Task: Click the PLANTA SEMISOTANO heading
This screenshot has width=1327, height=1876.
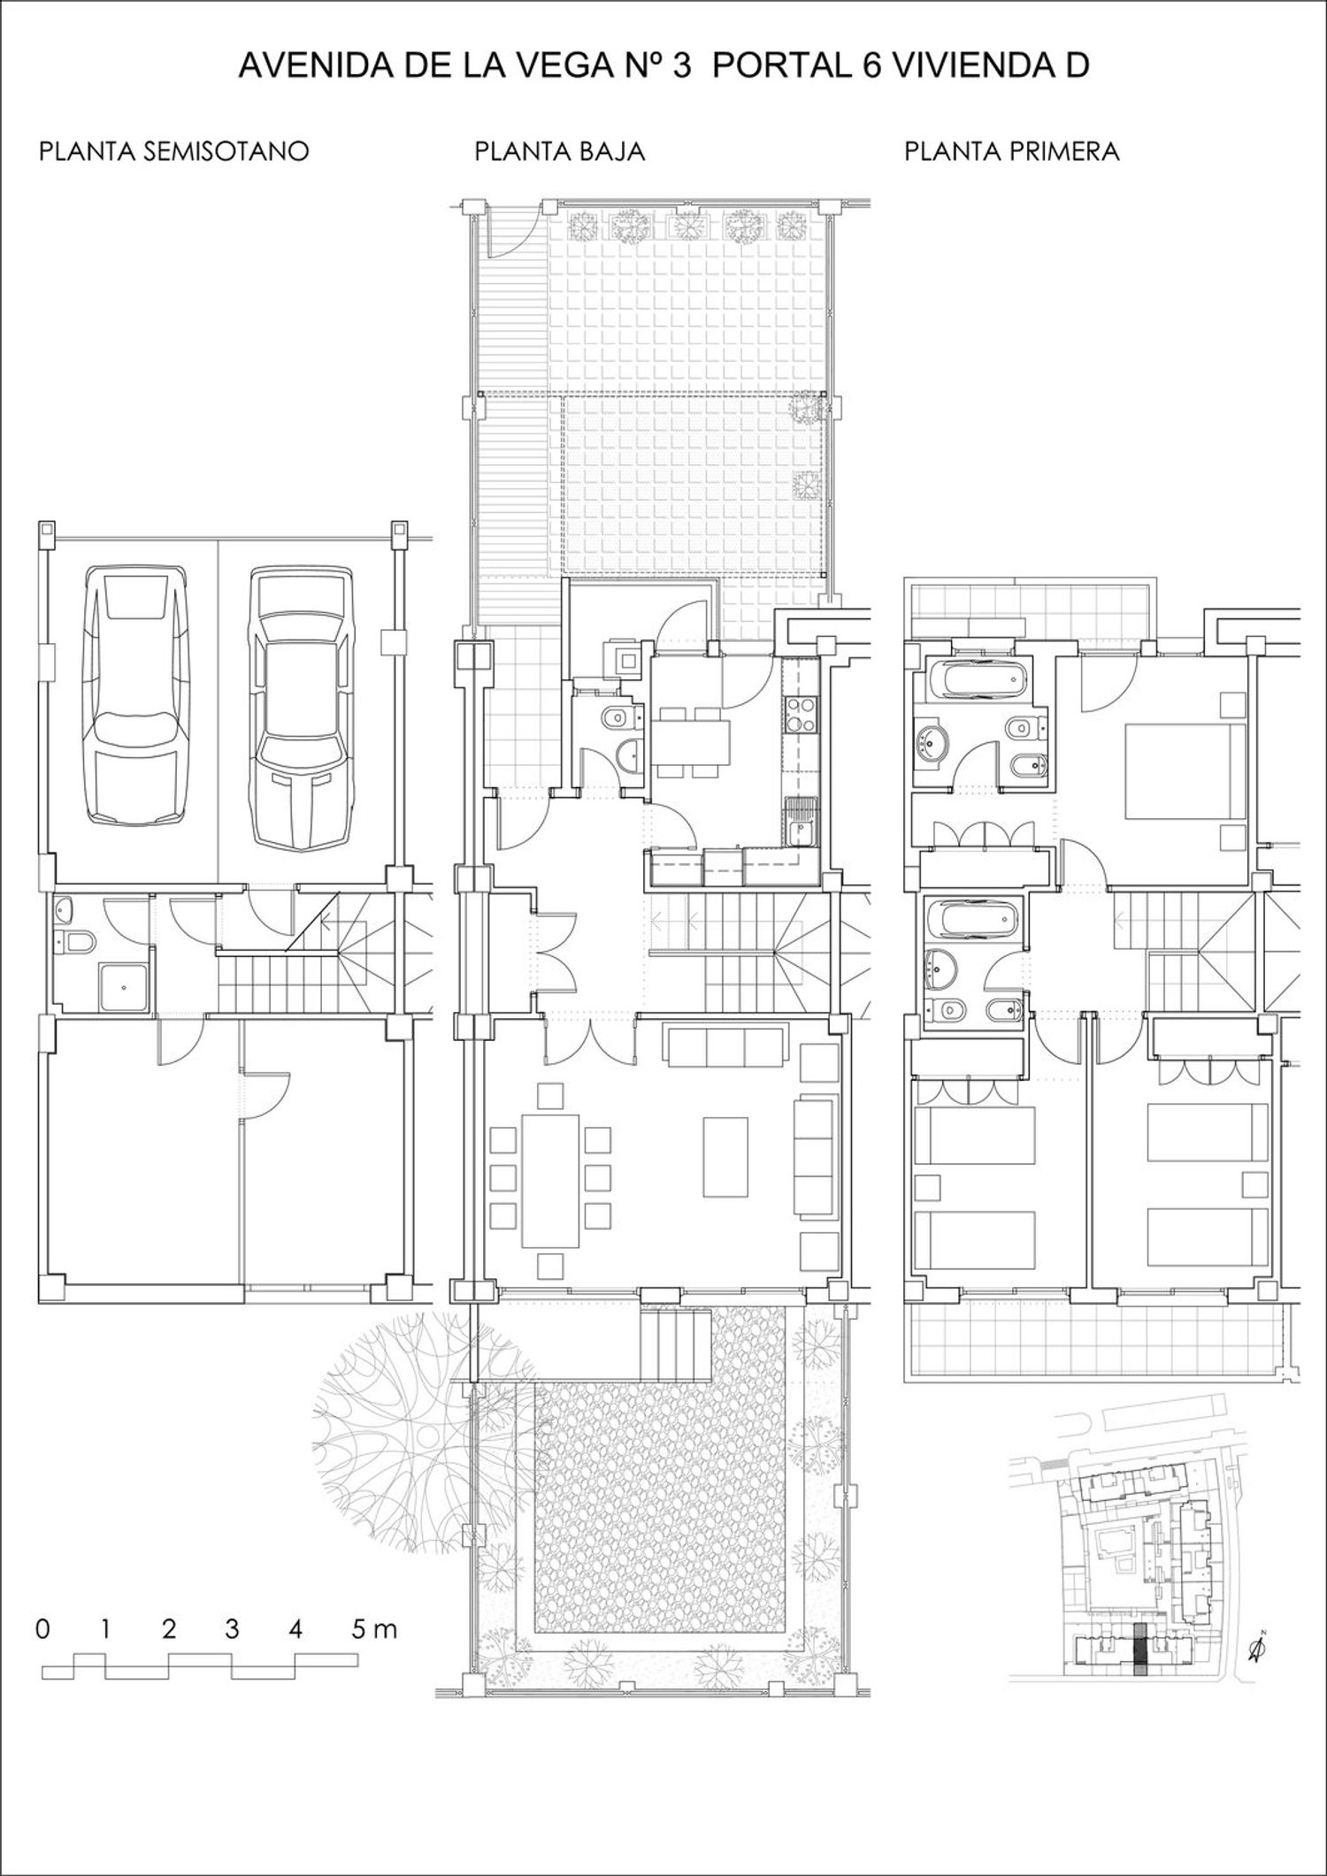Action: pyautogui.click(x=174, y=151)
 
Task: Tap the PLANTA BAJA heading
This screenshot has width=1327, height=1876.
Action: pyautogui.click(x=559, y=151)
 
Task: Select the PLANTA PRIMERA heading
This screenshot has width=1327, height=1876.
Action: pyautogui.click(x=1011, y=151)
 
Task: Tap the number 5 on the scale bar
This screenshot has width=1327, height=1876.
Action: pyautogui.click(x=358, y=1629)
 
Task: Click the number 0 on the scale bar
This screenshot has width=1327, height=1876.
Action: pyautogui.click(x=42, y=1629)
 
